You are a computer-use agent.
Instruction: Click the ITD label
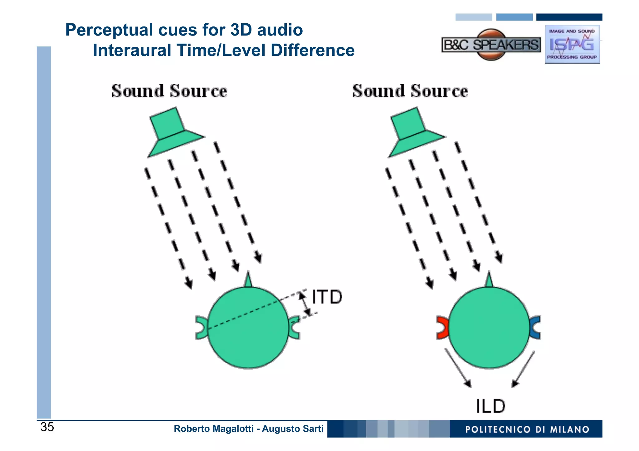point(327,297)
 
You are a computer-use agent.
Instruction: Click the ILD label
point(490,406)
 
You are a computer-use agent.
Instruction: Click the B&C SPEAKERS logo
point(491,45)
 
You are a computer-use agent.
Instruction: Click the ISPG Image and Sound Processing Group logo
point(572,44)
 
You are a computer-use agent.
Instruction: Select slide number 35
point(47,427)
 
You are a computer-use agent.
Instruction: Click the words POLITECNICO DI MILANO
point(527,429)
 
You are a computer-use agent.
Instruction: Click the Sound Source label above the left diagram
point(169,91)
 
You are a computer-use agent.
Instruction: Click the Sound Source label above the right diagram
point(410,91)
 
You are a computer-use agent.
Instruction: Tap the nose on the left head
point(248,280)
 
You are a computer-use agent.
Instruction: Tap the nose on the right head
point(489,280)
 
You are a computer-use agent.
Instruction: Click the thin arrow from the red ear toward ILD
point(457,367)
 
